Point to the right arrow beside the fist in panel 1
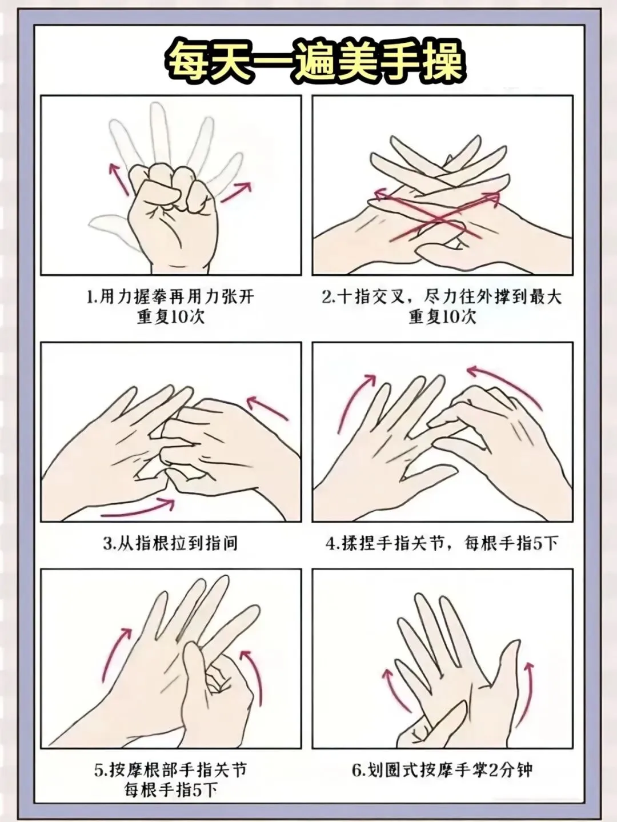point(235,192)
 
